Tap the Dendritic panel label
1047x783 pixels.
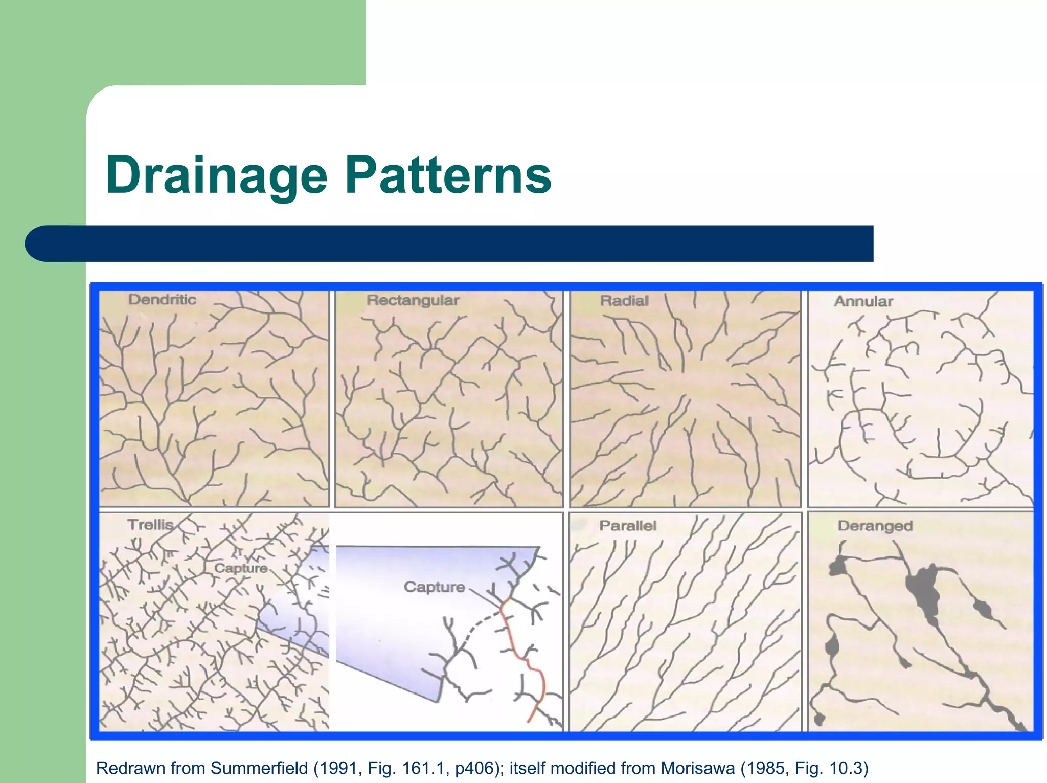162,299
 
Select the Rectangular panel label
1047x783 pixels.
413,300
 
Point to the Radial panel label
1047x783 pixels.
624,301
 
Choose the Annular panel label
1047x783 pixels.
863,301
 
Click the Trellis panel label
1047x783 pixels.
150,525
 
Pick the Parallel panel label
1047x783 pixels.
627,526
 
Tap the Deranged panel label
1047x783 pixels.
875,526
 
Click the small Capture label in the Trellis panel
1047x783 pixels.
241,568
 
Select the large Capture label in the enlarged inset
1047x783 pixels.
434,587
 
